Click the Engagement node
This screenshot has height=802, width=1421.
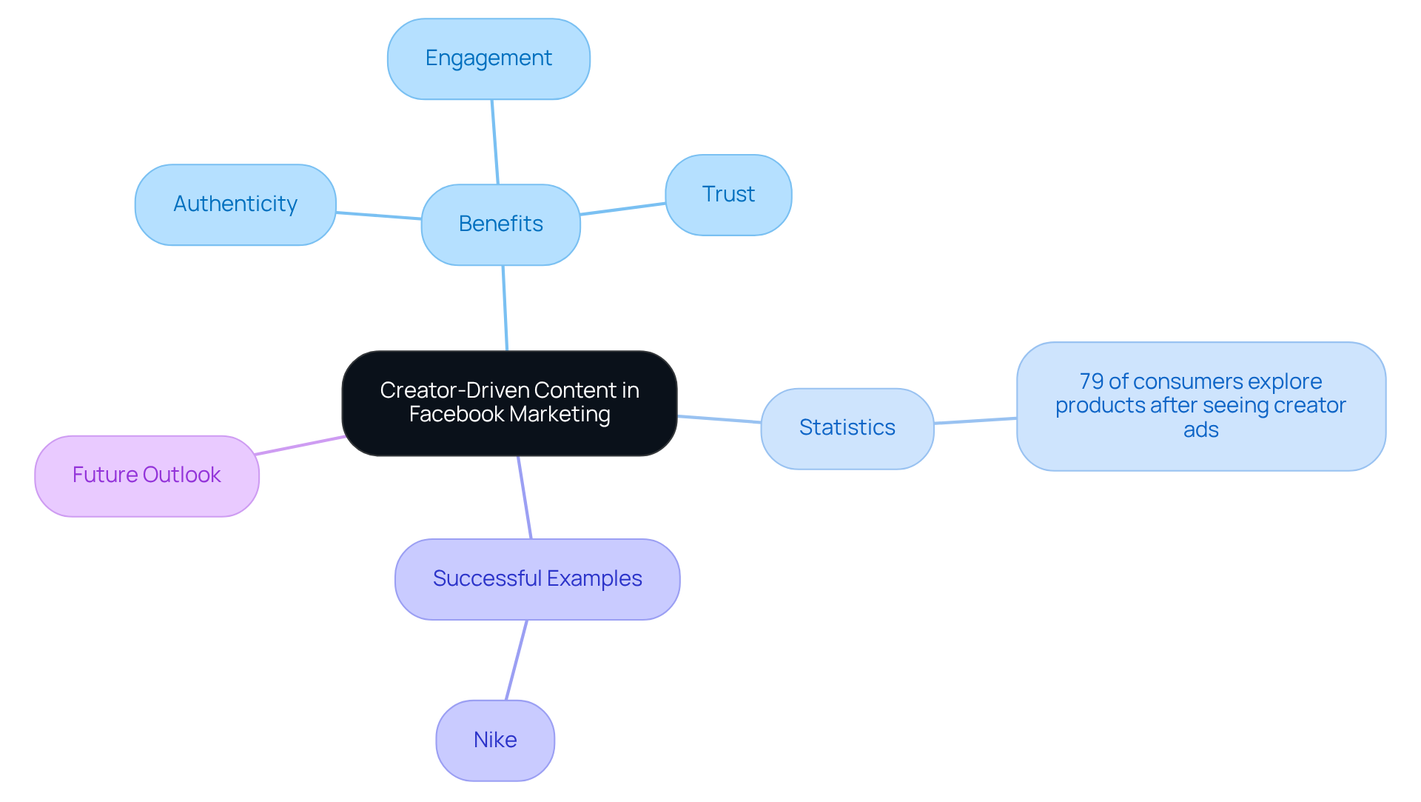tap(488, 59)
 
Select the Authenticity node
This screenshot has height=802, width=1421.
tap(235, 204)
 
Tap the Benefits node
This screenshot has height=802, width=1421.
tap(500, 224)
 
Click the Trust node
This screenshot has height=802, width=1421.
tap(728, 195)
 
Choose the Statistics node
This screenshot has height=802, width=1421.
tap(847, 428)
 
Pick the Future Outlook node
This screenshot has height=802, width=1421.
tap(147, 475)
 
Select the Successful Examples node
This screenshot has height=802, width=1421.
tap(537, 579)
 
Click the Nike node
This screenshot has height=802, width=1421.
tap(495, 740)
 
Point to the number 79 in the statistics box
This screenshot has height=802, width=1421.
tap(1092, 381)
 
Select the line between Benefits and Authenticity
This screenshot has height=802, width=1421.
tap(378, 215)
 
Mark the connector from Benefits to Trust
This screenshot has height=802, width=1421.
tap(622, 209)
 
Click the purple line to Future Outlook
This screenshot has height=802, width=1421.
tap(300, 445)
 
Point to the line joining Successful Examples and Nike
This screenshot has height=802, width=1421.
tap(517, 660)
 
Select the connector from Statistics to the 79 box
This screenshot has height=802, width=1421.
tap(975, 421)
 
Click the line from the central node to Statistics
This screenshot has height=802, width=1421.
tap(719, 419)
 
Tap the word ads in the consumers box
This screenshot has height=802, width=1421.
tap(1200, 430)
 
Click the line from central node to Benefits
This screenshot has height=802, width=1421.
tap(505, 308)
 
